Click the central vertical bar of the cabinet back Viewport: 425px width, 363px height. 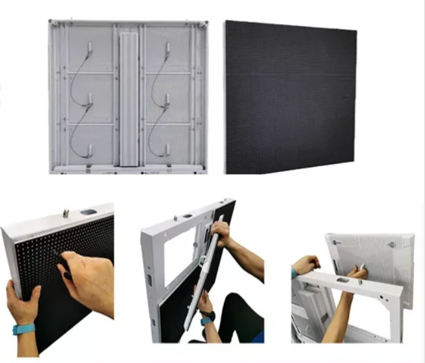(129, 97)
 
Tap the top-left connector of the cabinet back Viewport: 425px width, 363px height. (90, 48)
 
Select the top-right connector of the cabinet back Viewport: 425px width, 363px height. (167, 48)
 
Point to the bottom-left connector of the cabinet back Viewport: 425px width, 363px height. (90, 151)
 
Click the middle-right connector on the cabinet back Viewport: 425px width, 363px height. (167, 99)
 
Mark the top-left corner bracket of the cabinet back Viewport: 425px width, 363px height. (55, 24)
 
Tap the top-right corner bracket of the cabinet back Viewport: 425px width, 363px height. (203, 24)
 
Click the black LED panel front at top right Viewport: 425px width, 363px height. (290, 97)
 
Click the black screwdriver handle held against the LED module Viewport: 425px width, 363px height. (64, 268)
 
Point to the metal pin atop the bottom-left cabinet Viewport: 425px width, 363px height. (66, 212)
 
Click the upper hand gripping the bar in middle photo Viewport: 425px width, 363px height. (222, 231)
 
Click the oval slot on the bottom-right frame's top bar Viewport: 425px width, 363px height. (343, 281)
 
